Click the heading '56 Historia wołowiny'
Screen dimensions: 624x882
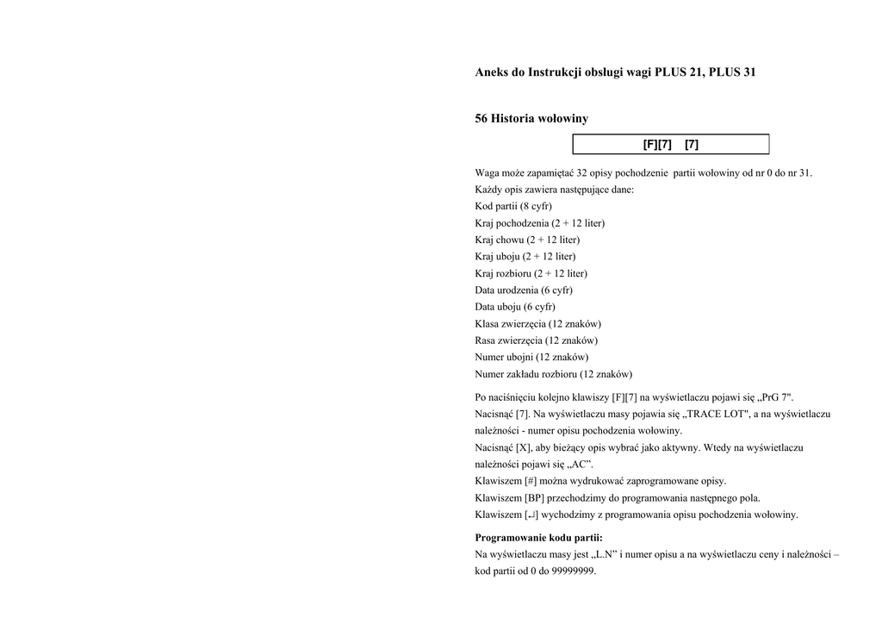[531, 118]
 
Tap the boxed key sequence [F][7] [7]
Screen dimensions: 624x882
[670, 145]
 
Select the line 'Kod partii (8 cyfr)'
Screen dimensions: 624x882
[513, 206]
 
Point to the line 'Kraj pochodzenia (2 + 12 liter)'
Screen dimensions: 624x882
[540, 223]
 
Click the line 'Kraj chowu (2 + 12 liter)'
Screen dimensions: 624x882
[527, 240]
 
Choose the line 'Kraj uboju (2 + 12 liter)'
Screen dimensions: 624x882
[525, 256]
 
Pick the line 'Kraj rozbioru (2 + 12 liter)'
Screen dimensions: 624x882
[531, 273]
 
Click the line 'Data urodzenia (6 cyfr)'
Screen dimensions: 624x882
[524, 290]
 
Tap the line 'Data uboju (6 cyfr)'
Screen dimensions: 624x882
[515, 307]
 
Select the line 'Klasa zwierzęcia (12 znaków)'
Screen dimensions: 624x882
[538, 323]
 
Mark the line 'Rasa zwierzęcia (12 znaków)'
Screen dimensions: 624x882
[537, 340]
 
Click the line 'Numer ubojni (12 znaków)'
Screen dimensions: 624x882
[531, 357]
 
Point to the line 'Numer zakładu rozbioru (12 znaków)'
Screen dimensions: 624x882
[554, 374]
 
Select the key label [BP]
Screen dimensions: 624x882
[534, 498]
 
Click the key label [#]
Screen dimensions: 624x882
[530, 481]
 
